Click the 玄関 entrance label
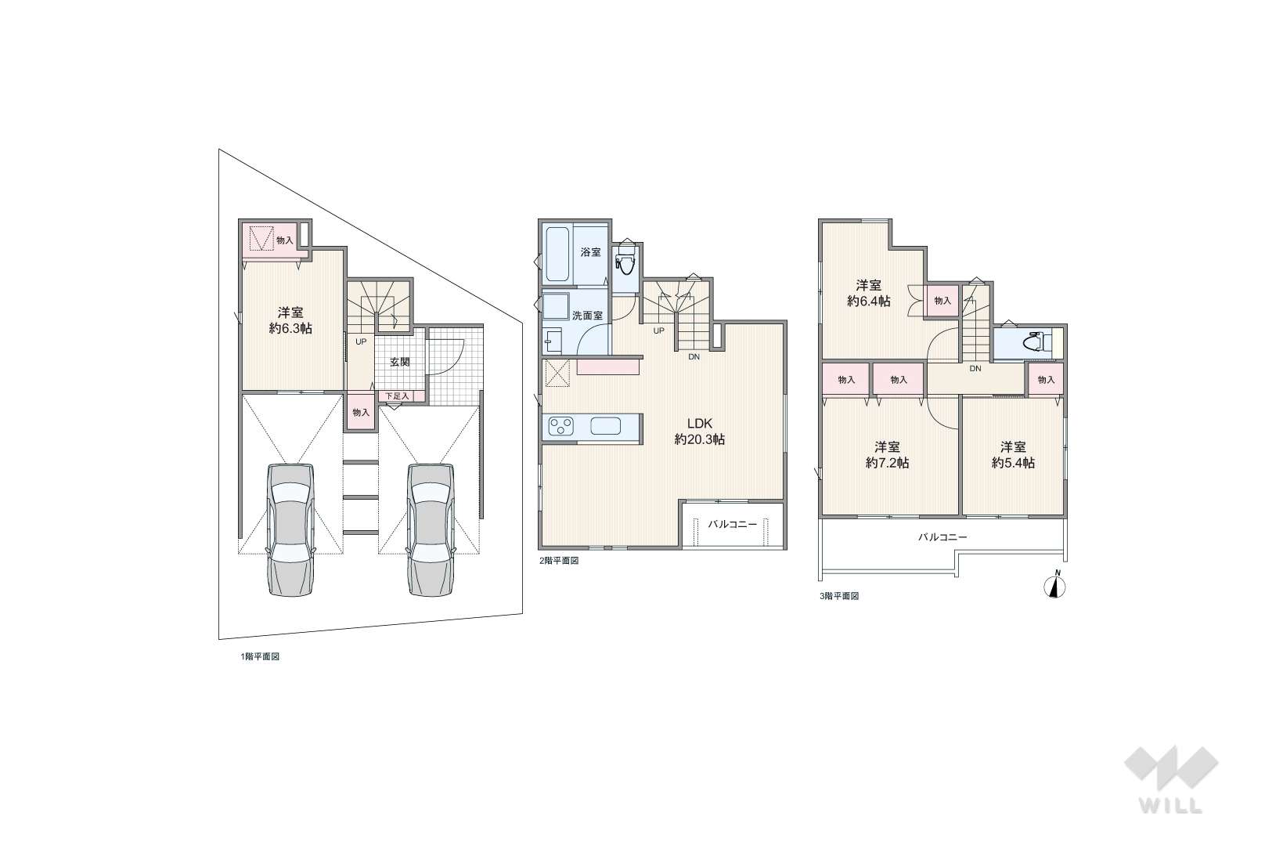tap(399, 362)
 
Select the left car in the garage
tap(290, 530)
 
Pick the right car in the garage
tap(431, 530)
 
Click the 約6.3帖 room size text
tap(290, 329)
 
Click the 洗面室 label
tap(587, 315)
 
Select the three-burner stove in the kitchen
tap(561, 426)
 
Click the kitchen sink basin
tap(605, 426)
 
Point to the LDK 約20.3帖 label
tap(699, 432)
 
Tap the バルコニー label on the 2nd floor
tap(733, 524)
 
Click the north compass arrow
tap(1056, 584)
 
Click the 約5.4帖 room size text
tap(1013, 463)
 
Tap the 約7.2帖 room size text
tap(887, 463)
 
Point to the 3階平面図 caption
tap(839, 596)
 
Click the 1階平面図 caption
tap(260, 656)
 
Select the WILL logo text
tap(1171, 805)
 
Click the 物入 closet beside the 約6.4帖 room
tap(942, 300)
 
